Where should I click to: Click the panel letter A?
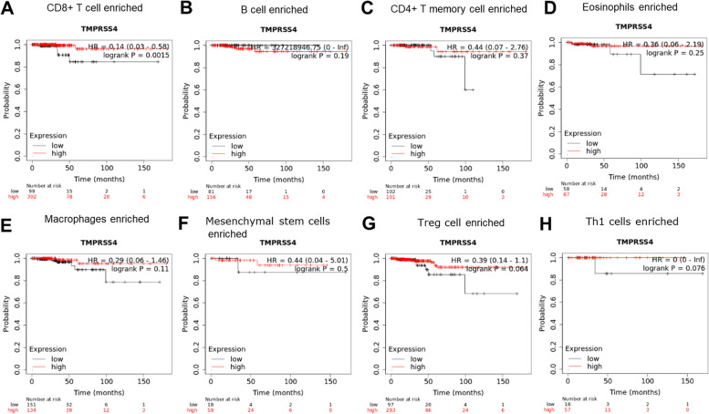click(x=8, y=10)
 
